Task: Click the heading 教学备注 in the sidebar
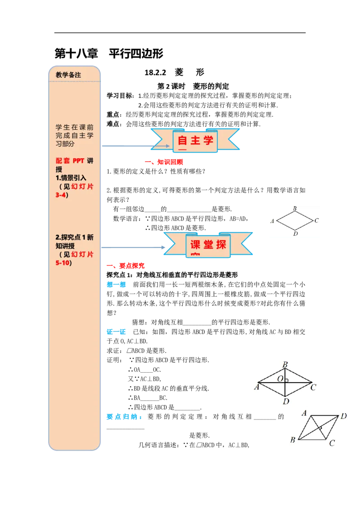click(x=68, y=75)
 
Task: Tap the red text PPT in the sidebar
click(x=78, y=161)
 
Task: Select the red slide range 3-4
click(x=60, y=195)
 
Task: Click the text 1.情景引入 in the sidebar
click(x=71, y=178)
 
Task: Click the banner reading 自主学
click(x=195, y=140)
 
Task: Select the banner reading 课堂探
click(x=207, y=245)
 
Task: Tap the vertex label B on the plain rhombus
click(x=295, y=209)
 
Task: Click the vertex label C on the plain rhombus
click(x=317, y=220)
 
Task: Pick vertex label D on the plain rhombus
click(x=295, y=234)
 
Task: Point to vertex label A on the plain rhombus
click(x=272, y=221)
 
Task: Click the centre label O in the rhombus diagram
click(x=280, y=379)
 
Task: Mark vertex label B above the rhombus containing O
click(x=285, y=365)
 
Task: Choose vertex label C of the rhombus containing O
click(x=313, y=387)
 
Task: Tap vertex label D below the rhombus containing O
click(x=286, y=401)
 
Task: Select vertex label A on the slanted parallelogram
click(x=304, y=413)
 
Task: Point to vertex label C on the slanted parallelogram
click(x=332, y=443)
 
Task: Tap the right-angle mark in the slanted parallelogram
click(x=321, y=428)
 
